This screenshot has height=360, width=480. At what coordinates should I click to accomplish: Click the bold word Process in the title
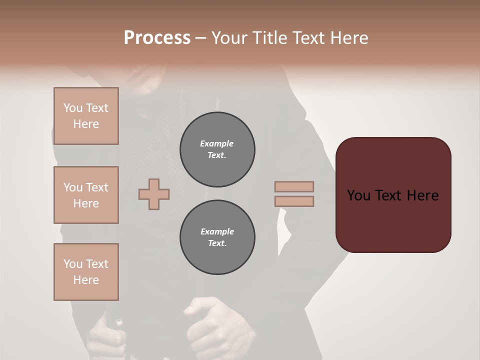coord(157,38)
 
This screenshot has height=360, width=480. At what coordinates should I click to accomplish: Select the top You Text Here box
coord(86,116)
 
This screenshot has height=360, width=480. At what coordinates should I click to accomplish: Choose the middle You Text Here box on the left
coord(86,195)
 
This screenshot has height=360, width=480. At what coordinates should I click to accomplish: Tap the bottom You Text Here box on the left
coord(86,272)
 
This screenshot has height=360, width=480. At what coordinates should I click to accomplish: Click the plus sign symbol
coord(154,194)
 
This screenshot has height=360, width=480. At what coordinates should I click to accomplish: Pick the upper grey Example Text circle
coord(217,149)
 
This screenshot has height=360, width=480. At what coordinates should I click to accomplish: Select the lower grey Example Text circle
coord(217,237)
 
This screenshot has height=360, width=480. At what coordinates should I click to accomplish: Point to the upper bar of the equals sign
coord(294,186)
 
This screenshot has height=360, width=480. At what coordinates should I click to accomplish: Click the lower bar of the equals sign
coord(294,201)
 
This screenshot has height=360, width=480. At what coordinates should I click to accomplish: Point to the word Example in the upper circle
coord(217,143)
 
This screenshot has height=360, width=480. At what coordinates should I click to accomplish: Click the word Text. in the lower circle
coord(217,243)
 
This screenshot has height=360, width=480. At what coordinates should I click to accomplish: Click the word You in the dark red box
coord(358,195)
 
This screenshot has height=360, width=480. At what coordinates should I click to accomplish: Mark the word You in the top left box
coord(73,108)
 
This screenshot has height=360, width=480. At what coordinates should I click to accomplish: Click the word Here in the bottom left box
coord(86,280)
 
